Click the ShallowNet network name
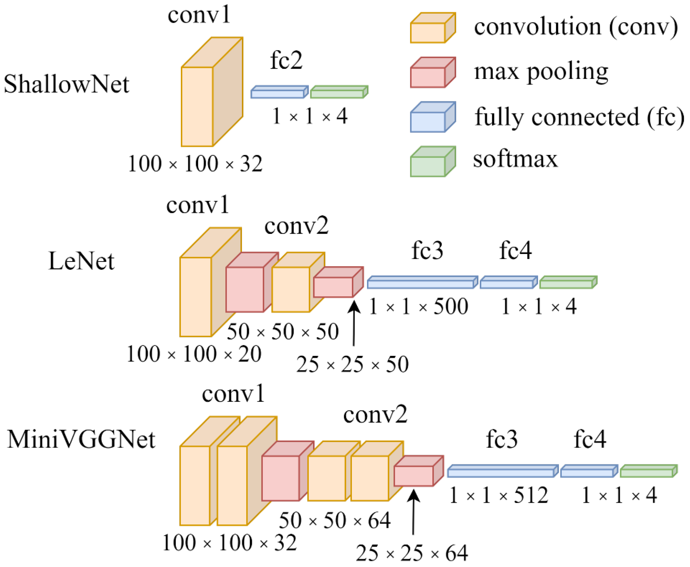[66, 84]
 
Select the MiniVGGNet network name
[81, 439]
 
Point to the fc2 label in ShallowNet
[286, 60]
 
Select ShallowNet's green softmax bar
[339, 92]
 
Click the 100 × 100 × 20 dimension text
[194, 354]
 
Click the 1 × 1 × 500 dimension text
[418, 307]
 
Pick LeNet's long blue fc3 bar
[422, 283]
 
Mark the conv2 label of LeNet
[296, 226]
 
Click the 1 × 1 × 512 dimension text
[499, 496]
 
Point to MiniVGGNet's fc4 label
[590, 439]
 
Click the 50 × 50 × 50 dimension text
[283, 332]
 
